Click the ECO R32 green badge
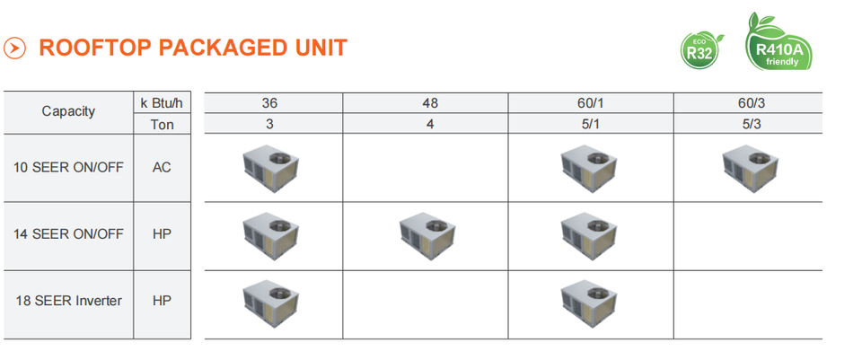(702, 48)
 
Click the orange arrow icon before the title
(14, 48)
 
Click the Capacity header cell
(67, 112)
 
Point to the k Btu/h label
(163, 102)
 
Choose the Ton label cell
(163, 124)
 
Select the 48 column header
(429, 102)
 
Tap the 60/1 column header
(590, 102)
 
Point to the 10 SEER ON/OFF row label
(68, 167)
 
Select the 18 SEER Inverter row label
(68, 300)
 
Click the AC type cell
(163, 167)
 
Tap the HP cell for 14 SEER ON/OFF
(163, 233)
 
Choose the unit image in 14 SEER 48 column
(428, 233)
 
